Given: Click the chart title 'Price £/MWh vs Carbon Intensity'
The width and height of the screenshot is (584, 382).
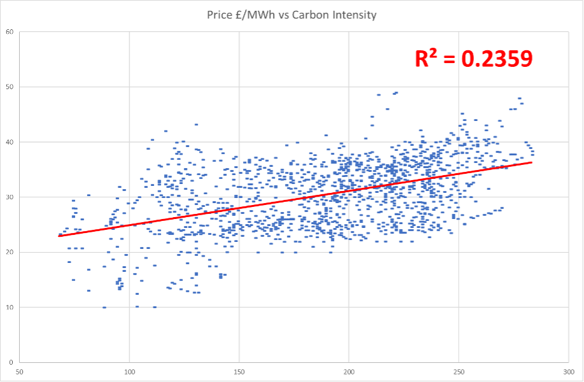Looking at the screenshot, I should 291,14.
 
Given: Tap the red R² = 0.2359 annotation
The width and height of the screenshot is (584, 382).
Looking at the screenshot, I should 473,59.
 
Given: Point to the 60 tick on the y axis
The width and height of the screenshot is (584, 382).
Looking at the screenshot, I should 10,31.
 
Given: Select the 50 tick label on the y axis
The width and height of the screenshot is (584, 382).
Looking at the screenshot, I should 10,87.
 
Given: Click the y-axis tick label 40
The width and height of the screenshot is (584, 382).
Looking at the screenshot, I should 10,142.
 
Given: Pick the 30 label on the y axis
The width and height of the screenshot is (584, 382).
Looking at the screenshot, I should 10,197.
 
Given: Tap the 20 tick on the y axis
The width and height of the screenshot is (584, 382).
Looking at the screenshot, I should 10,252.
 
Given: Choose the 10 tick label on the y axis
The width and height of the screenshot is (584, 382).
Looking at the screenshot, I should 10,308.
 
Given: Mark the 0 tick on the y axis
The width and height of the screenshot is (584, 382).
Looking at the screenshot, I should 12,362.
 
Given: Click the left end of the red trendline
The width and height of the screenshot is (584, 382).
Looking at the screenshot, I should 59,236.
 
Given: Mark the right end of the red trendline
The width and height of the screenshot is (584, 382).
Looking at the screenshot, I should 532,162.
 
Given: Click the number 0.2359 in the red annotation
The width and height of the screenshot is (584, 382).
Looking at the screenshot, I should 496,59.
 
